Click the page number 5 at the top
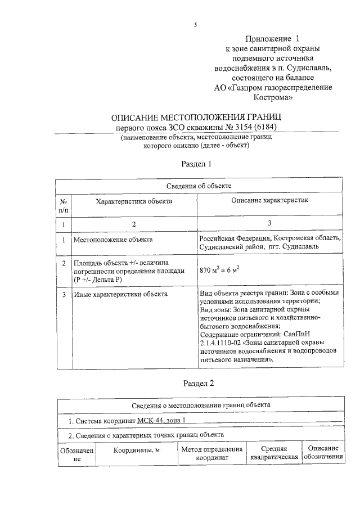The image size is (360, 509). point(196,25)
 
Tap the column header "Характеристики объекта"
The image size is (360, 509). point(133,201)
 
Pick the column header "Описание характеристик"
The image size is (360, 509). point(270,201)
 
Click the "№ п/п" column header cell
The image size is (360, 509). point(64,205)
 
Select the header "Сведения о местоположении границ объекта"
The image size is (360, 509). point(201,404)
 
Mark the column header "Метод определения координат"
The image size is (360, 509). point(211,453)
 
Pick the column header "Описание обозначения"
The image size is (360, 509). point(323,453)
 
